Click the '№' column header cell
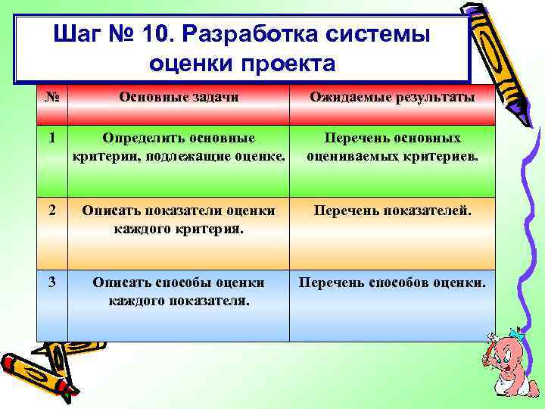tap(52, 98)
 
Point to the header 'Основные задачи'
tap(178, 98)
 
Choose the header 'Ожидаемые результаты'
tap(391, 98)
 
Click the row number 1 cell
tap(51, 139)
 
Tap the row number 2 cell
tap(51, 211)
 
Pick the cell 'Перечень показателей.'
tap(391, 211)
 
